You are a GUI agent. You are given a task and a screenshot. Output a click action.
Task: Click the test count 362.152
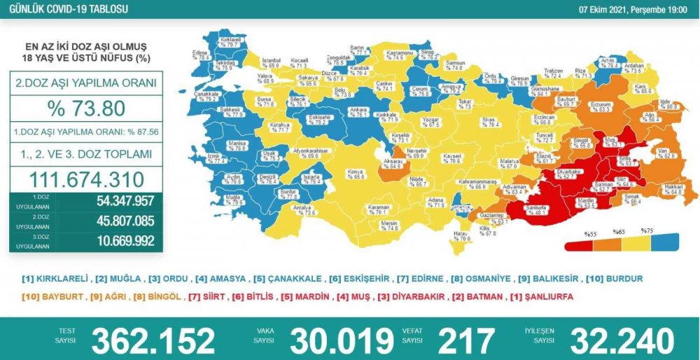(153, 340)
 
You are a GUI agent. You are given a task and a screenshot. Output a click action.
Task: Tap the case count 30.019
(342, 340)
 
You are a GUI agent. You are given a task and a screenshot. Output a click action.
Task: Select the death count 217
(466, 340)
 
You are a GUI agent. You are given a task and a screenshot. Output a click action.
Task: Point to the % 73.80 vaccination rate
(86, 109)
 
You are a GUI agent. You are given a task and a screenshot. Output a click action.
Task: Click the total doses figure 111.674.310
(86, 179)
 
